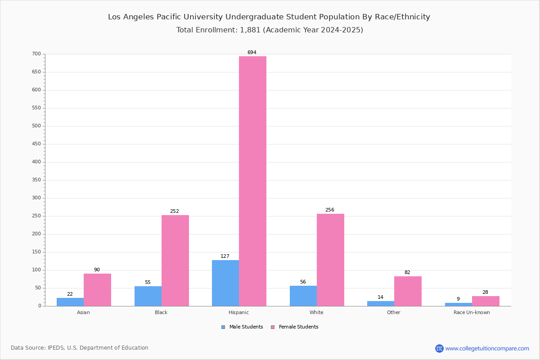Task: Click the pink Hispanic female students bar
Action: pos(252,181)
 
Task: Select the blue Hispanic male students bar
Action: pos(225,283)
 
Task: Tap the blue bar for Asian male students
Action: pos(70,302)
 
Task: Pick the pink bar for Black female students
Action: pos(175,261)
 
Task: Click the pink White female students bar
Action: pos(330,260)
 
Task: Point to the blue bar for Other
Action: pos(381,304)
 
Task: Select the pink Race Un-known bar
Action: pos(486,301)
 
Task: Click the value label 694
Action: pos(252,52)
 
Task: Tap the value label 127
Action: pos(225,256)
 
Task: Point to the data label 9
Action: pos(458,299)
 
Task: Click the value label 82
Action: pos(407,272)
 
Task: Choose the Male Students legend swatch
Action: pos(223,327)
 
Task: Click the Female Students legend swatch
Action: pos(273,327)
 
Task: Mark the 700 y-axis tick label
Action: pos(36,54)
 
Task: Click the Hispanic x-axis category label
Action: pos(238,312)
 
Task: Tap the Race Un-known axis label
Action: pos(472,312)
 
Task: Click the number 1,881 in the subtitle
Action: pos(250,30)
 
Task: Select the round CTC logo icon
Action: pos(439,348)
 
